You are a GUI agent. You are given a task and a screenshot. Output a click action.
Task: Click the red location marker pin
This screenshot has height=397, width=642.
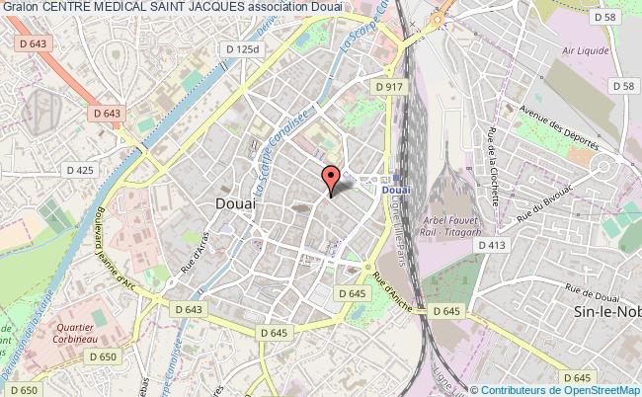(331, 180)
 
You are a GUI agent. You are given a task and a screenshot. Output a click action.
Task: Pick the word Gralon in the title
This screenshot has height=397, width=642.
(21, 7)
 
